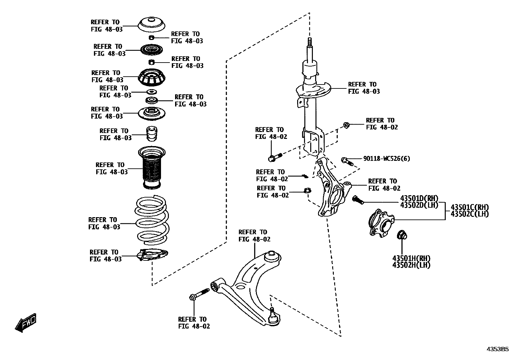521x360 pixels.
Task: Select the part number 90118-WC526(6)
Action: pyautogui.click(x=386, y=159)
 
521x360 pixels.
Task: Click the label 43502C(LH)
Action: pyautogui.click(x=469, y=214)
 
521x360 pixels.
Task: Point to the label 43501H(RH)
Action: pyautogui.click(x=411, y=258)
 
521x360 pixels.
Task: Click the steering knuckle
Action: pyautogui.click(x=331, y=190)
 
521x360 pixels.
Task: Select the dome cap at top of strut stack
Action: pyautogui.click(x=152, y=25)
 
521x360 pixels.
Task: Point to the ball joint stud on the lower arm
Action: pyautogui.click(x=272, y=310)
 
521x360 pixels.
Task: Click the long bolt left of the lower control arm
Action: pyautogui.click(x=199, y=294)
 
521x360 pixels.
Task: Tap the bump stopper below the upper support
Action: pyautogui.click(x=152, y=134)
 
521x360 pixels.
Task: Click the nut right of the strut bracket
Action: pyautogui.click(x=346, y=125)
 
